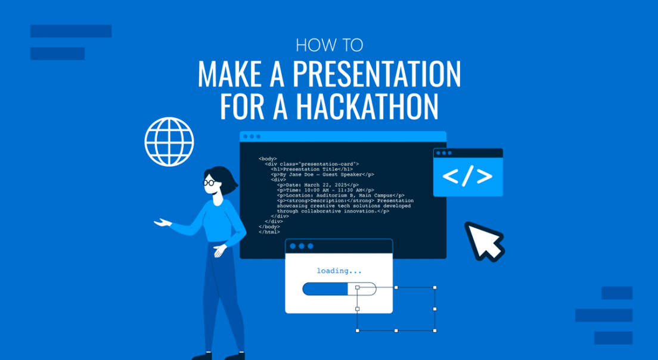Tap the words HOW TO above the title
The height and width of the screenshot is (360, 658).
tap(329, 45)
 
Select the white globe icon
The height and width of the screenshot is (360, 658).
tap(169, 141)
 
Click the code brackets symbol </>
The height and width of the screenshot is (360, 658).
tap(467, 176)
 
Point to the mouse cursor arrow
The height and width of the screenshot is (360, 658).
tap(483, 240)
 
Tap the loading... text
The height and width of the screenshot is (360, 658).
tap(339, 271)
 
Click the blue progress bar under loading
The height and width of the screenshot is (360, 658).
tap(325, 289)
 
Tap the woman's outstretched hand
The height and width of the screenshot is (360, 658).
tap(161, 223)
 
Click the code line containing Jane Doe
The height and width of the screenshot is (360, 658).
tap(322, 174)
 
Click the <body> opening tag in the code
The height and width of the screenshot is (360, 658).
tap(268, 159)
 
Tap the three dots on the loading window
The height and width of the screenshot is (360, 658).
tap(301, 246)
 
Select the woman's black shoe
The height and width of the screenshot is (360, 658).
tap(203, 356)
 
